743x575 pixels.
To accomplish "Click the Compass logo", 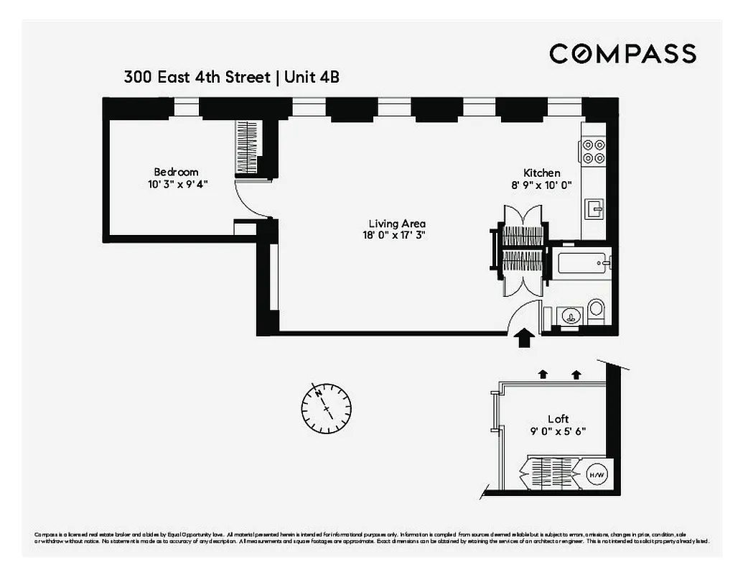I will tap(622, 54).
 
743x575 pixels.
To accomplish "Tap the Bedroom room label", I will tap(176, 172).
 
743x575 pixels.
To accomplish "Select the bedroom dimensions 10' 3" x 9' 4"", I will tap(176, 184).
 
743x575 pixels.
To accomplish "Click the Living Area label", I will tap(397, 224).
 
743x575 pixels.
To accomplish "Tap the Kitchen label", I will tap(541, 172).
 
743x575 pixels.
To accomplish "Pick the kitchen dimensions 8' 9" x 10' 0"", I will tap(541, 184).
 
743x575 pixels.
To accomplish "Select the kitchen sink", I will tap(595, 209).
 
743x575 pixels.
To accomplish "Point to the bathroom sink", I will tap(569, 314).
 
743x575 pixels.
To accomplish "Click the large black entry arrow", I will tap(525, 336).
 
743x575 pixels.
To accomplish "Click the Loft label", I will tap(558, 419).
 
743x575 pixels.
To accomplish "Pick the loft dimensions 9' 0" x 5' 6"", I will tap(558, 431).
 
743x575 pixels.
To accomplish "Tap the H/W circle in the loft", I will tap(595, 475).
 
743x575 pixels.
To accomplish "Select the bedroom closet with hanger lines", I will tap(246, 147).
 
